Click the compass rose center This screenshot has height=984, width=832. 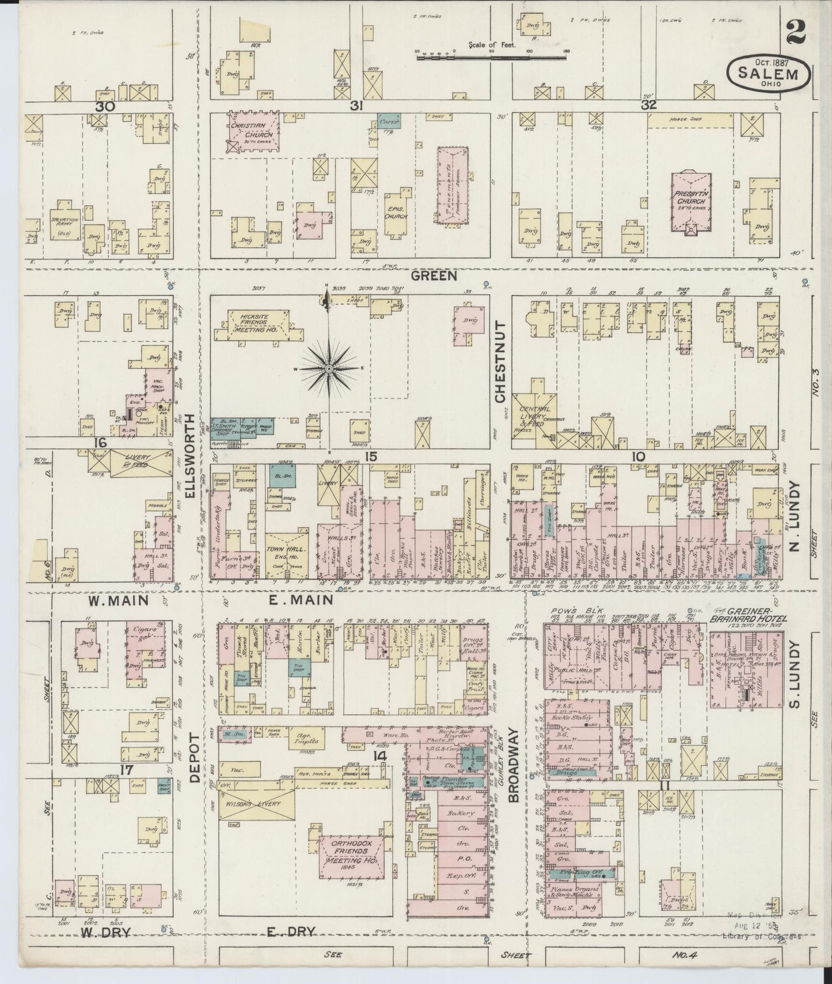click(x=328, y=368)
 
